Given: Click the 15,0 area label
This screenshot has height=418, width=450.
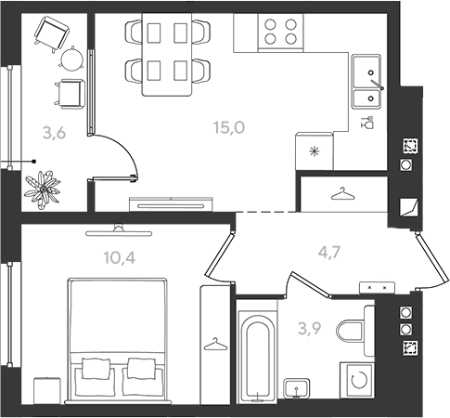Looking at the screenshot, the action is [229, 127].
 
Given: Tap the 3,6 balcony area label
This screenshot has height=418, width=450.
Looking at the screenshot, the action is [55, 134].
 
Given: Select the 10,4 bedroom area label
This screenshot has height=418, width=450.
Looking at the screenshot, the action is [120, 258].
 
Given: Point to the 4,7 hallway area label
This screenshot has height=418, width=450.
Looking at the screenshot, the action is [329, 253].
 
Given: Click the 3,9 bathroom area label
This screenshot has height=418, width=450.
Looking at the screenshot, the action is [310, 329].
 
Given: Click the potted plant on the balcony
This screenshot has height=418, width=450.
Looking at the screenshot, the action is [43, 189].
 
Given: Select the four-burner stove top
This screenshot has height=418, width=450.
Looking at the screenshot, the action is [280, 32].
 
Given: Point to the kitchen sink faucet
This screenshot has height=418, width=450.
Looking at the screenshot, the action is [377, 84].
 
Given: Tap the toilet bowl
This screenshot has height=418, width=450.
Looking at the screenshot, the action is [351, 331].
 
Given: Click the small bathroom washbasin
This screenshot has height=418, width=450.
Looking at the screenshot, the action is [297, 388].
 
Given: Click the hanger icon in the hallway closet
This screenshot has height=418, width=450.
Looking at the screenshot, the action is [342, 193].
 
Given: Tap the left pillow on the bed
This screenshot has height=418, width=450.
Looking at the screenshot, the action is [96, 369].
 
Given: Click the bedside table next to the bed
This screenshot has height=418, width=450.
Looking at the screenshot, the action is [46, 390].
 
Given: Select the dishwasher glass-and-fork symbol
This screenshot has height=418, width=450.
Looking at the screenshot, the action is [367, 123].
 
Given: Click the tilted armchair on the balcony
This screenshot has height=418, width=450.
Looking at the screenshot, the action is [51, 33].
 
